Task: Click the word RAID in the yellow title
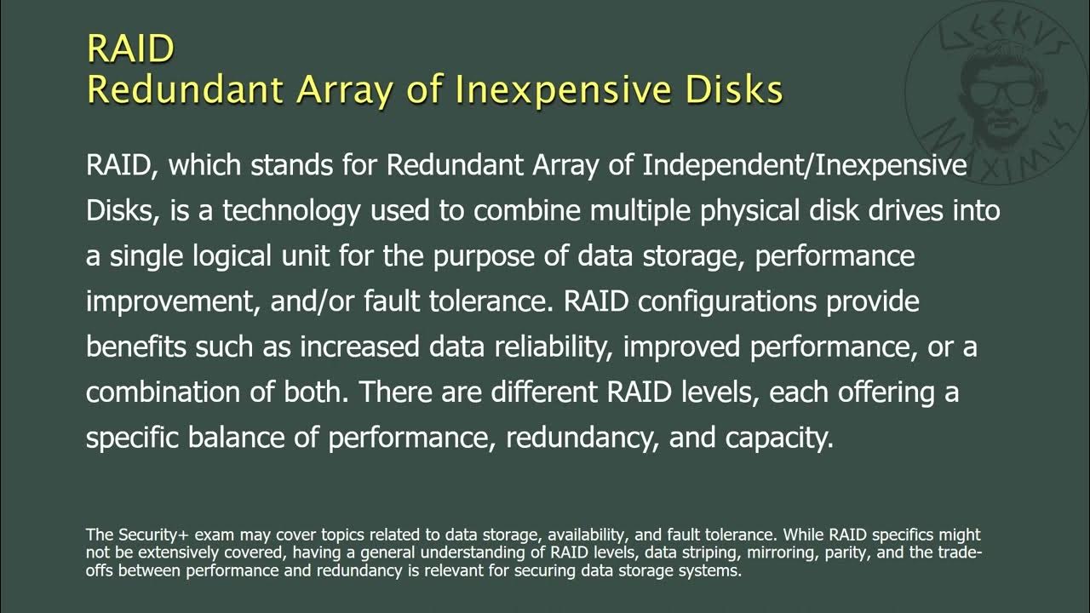130,49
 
